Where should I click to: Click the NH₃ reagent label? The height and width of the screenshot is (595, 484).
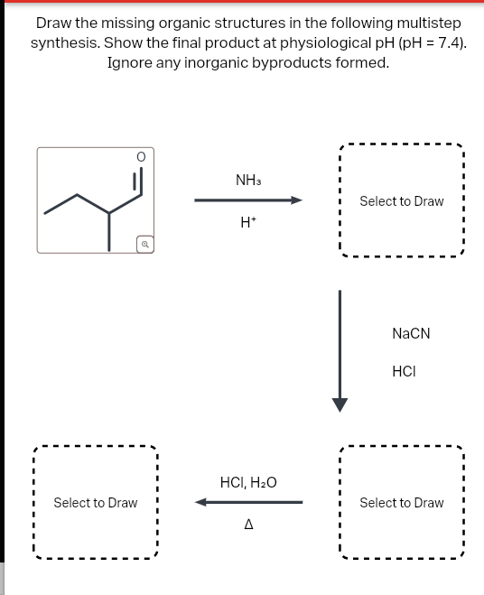248,181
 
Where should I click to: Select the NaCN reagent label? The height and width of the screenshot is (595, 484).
411,333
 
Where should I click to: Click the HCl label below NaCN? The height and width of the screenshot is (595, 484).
404,370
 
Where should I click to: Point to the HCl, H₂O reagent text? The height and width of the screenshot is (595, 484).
248,483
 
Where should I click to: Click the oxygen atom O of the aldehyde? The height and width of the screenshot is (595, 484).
140,157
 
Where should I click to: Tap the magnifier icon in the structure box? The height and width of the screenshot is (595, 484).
144,243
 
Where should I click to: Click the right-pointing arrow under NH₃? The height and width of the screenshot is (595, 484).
248,200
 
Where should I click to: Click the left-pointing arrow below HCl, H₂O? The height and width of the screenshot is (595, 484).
247,503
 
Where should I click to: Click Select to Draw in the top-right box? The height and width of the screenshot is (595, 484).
401,201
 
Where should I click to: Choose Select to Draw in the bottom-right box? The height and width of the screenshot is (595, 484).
401,503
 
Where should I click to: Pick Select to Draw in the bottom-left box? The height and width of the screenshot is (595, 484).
95,503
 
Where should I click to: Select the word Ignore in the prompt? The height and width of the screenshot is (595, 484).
130,63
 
